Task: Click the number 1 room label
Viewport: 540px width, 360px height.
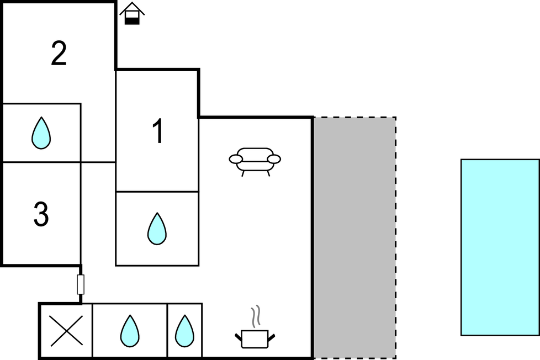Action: coord(158,133)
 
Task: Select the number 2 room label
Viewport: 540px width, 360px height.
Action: coord(59,54)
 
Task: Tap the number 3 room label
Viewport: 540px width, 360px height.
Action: coord(41,215)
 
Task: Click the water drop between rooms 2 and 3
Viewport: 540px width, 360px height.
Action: coord(41,133)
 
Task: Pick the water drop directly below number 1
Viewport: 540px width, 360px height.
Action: coord(157,229)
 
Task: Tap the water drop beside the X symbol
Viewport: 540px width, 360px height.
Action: coord(130,331)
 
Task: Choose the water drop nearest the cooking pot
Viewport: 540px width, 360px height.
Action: coord(184,331)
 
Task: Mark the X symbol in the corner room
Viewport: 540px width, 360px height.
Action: coord(66,331)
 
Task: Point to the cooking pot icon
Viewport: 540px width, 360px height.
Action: coord(255,338)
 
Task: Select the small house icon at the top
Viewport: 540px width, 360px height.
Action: coord(132,13)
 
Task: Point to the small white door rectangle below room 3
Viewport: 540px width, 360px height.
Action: coord(81,284)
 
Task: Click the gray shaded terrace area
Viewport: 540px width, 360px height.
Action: coord(354,237)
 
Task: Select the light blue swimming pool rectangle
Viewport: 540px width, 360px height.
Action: coord(500,247)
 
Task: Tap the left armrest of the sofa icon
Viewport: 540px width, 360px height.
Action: coord(236,160)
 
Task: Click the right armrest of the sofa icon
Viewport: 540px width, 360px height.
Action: coord(274,160)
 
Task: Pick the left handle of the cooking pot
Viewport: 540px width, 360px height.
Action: coord(239,336)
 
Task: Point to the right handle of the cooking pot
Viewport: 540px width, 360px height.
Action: coord(271,336)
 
